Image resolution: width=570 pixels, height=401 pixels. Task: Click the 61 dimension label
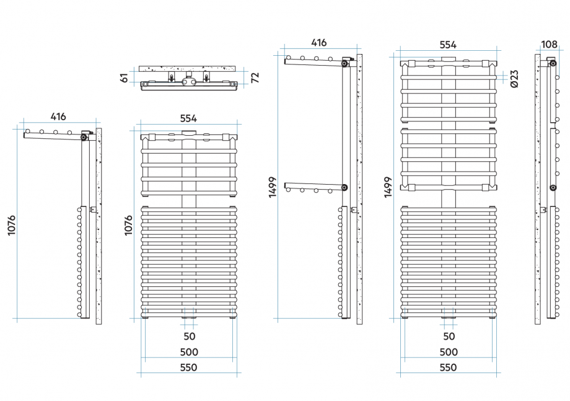pyautogui.click(x=124, y=77)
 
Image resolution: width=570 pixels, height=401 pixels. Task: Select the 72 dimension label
pyautogui.click(x=254, y=77)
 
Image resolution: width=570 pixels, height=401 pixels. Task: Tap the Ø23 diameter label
pyautogui.click(x=514, y=77)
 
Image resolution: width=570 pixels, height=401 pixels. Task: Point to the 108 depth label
pyautogui.click(x=549, y=45)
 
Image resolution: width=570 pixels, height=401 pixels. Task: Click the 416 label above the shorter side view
pyautogui.click(x=58, y=117)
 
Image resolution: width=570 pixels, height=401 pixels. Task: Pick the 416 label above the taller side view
pyautogui.click(x=318, y=43)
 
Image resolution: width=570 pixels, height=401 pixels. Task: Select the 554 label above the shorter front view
pyautogui.click(x=188, y=118)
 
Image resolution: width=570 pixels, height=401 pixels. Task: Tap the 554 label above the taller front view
pyautogui.click(x=447, y=45)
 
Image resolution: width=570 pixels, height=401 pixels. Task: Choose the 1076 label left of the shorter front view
pyautogui.click(x=128, y=225)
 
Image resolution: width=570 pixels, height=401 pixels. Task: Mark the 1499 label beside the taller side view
pyautogui.click(x=273, y=187)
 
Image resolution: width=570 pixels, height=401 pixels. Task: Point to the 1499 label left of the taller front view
pyautogui.click(x=388, y=187)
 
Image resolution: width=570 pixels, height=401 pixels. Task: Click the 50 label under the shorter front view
pyautogui.click(x=190, y=337)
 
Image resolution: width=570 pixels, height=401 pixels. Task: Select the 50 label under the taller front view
pyautogui.click(x=449, y=337)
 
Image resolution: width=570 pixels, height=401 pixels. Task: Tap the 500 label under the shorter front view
pyautogui.click(x=189, y=352)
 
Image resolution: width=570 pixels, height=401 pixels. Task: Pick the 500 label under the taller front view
pyautogui.click(x=448, y=352)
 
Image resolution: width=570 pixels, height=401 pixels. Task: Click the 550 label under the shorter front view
pyautogui.click(x=189, y=368)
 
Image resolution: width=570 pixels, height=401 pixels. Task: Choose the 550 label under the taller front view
pyautogui.click(x=448, y=368)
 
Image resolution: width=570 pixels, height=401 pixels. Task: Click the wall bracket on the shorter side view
pyautogui.click(x=94, y=209)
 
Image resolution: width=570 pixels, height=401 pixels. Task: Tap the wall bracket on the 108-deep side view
pyautogui.click(x=543, y=210)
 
